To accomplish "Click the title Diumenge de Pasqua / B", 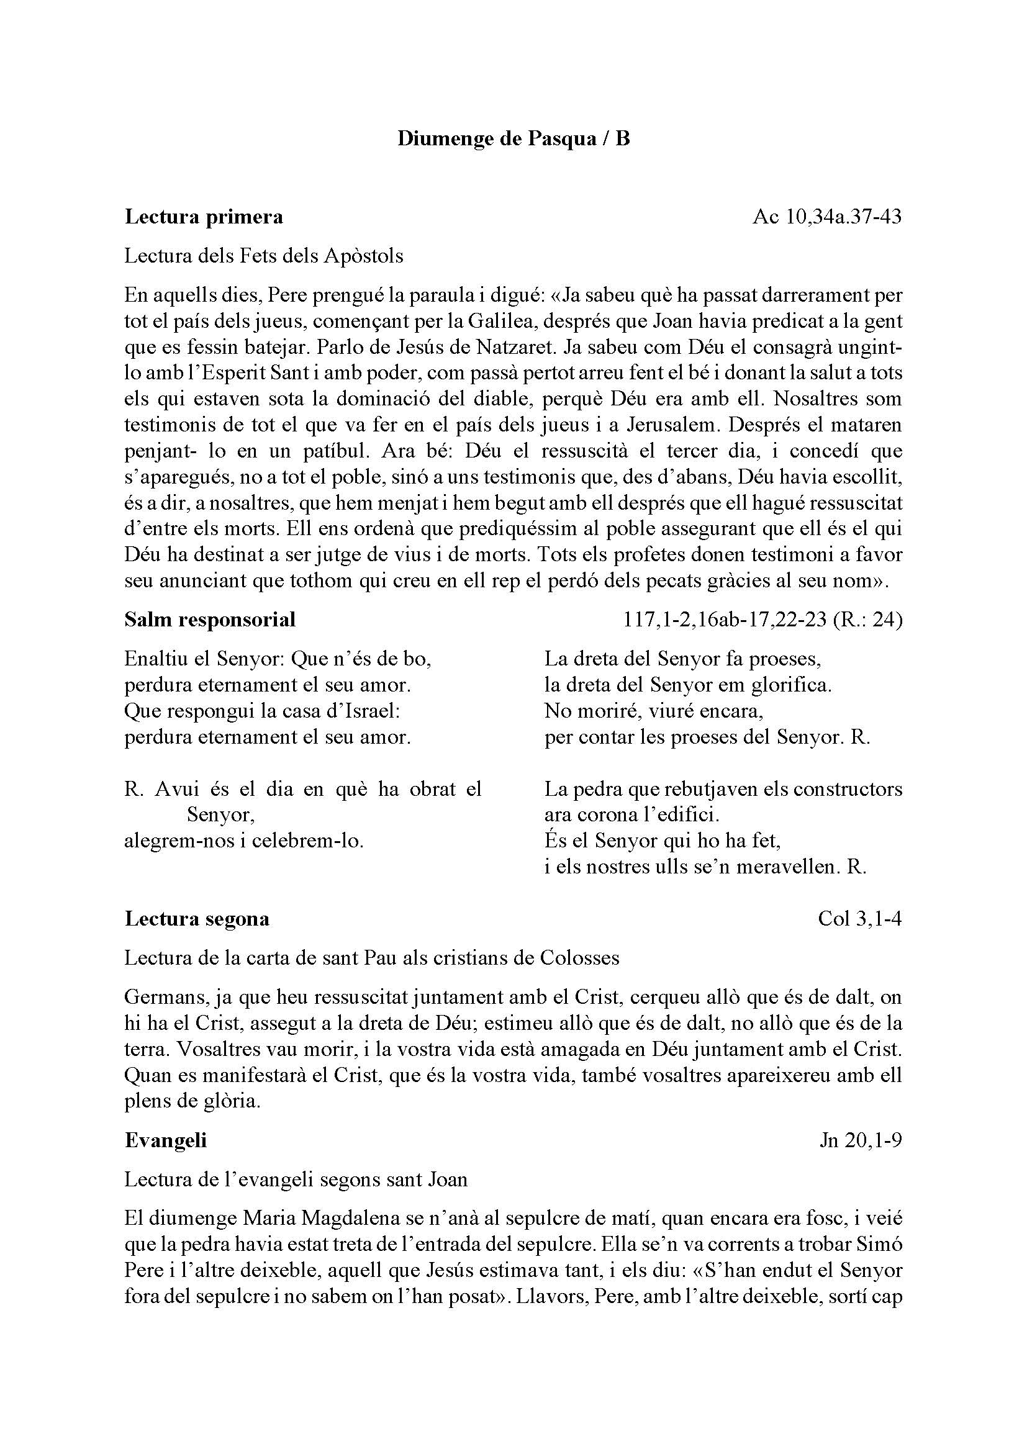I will click(x=513, y=138).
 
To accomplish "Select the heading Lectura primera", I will click(x=204, y=217).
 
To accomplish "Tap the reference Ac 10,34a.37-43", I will click(x=826, y=217).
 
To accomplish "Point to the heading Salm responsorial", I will click(x=210, y=619).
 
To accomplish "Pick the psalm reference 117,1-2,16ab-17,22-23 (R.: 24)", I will click(x=762, y=619).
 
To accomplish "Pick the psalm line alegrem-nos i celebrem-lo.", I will click(x=243, y=841).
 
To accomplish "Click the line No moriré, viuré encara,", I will click(x=654, y=711).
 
